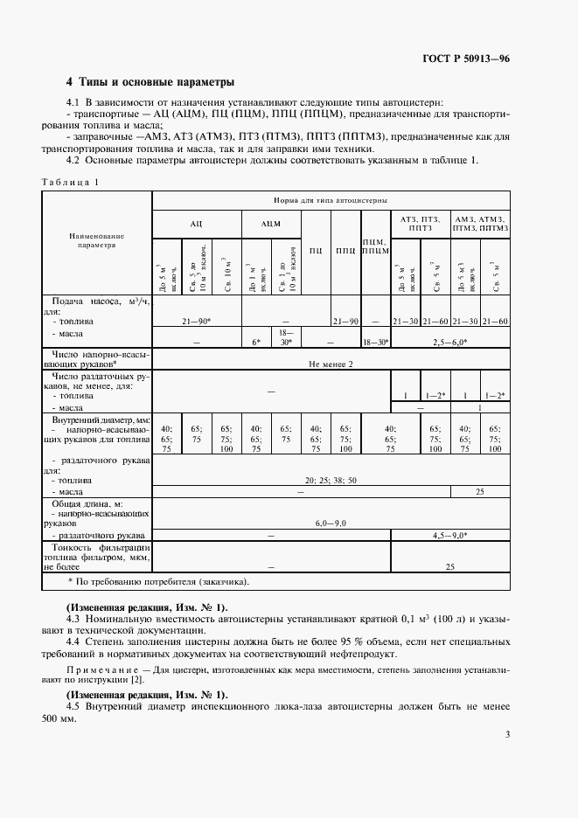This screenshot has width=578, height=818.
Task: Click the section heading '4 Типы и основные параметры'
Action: pos(150,83)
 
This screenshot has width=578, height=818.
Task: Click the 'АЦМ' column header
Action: pos(270,225)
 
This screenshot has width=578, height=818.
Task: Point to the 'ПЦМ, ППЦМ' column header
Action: pos(375,246)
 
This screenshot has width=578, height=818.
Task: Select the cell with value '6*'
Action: pos(256,342)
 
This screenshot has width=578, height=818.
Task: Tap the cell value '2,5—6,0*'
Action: pos(449,342)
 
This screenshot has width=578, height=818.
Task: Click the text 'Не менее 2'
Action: pos(331,363)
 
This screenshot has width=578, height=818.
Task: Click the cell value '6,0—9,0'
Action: pos(331,522)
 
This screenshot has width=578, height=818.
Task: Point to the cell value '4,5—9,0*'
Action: pos(449,534)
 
